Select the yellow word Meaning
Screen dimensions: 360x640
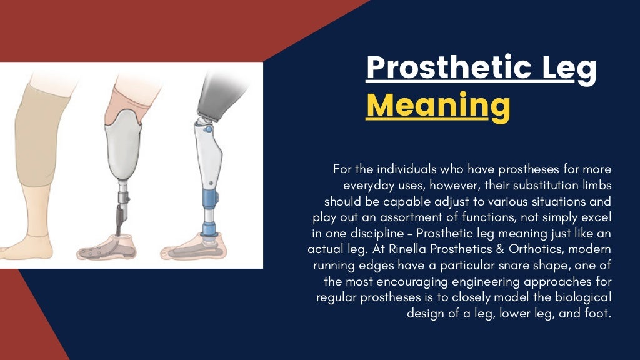click(x=437, y=106)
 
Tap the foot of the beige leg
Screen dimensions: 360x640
click(x=25, y=247)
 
